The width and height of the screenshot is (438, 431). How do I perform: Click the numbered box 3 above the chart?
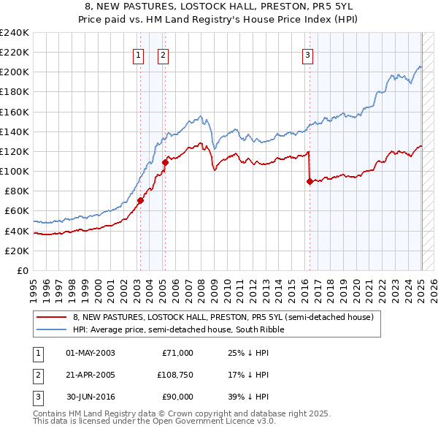pyautogui.click(x=308, y=54)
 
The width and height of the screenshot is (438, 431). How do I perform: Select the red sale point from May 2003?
pyautogui.click(x=140, y=201)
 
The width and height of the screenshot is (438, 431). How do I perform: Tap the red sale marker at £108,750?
pyautogui.click(x=165, y=163)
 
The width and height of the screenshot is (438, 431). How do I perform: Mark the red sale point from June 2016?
pyautogui.click(x=310, y=182)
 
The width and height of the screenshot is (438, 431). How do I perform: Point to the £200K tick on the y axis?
pyautogui.click(x=15, y=72)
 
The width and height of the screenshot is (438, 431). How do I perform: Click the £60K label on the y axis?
pyautogui.click(x=17, y=211)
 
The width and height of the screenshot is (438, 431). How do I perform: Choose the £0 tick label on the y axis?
pyautogui.click(x=23, y=270)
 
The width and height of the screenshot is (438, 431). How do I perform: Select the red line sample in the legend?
pyautogui.click(x=52, y=317)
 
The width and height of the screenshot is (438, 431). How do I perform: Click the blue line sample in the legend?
pyautogui.click(x=52, y=329)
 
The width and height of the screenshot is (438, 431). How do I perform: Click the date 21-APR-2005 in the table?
pyautogui.click(x=91, y=375)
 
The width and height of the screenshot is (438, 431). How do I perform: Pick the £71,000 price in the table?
pyautogui.click(x=177, y=353)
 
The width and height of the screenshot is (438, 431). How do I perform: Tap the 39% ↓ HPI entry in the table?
pyautogui.click(x=249, y=397)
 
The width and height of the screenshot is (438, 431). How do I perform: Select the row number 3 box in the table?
pyautogui.click(x=36, y=397)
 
